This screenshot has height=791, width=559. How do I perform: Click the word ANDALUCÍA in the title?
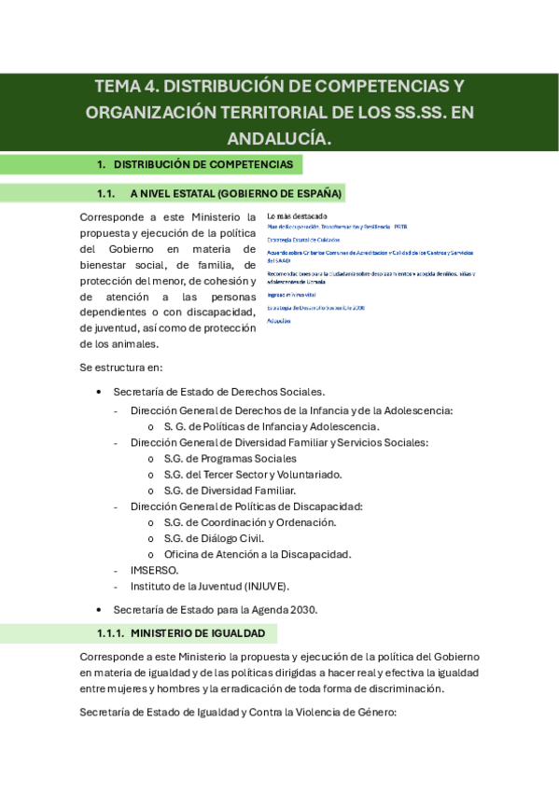(x=279, y=138)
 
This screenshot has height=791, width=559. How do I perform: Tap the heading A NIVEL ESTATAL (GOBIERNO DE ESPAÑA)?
(x=236, y=193)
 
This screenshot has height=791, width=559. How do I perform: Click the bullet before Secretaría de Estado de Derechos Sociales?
(x=99, y=393)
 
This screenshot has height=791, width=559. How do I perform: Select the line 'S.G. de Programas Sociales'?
(x=230, y=458)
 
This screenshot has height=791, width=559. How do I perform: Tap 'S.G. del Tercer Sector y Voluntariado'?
(x=252, y=474)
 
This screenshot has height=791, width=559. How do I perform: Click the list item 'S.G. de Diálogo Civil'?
(x=214, y=538)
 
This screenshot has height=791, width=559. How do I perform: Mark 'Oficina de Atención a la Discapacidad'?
(x=257, y=554)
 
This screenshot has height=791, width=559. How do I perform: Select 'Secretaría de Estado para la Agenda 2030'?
(x=216, y=609)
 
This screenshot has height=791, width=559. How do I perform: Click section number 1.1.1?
(x=109, y=633)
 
